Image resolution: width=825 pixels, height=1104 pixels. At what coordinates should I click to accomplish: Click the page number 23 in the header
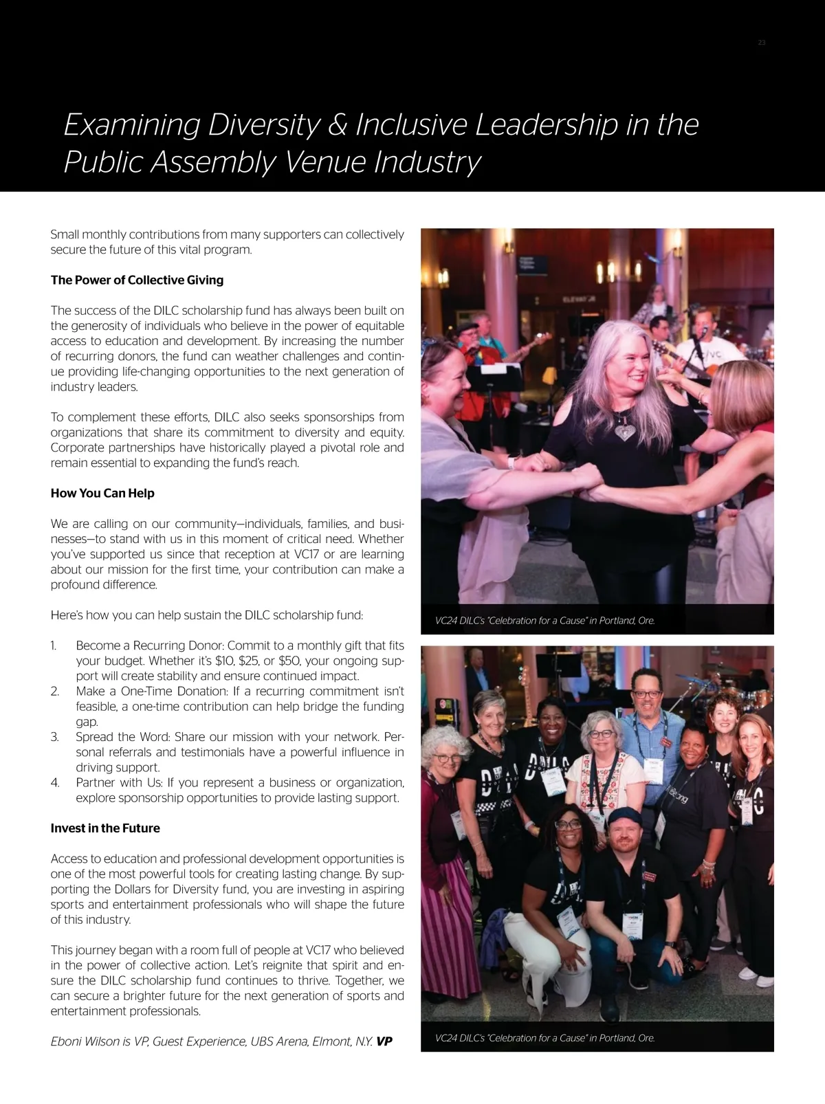pyautogui.click(x=761, y=43)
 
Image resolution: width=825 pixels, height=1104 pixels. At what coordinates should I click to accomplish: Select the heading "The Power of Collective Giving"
pyautogui.click(x=137, y=280)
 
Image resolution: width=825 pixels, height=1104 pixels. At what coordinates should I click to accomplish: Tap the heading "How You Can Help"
pyautogui.click(x=102, y=494)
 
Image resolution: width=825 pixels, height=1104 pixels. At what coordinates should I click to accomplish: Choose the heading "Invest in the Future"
pyautogui.click(x=105, y=828)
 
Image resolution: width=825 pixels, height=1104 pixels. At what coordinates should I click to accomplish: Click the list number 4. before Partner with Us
pyautogui.click(x=55, y=783)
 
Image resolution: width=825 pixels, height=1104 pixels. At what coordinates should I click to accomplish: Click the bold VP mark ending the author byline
pyautogui.click(x=384, y=1041)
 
